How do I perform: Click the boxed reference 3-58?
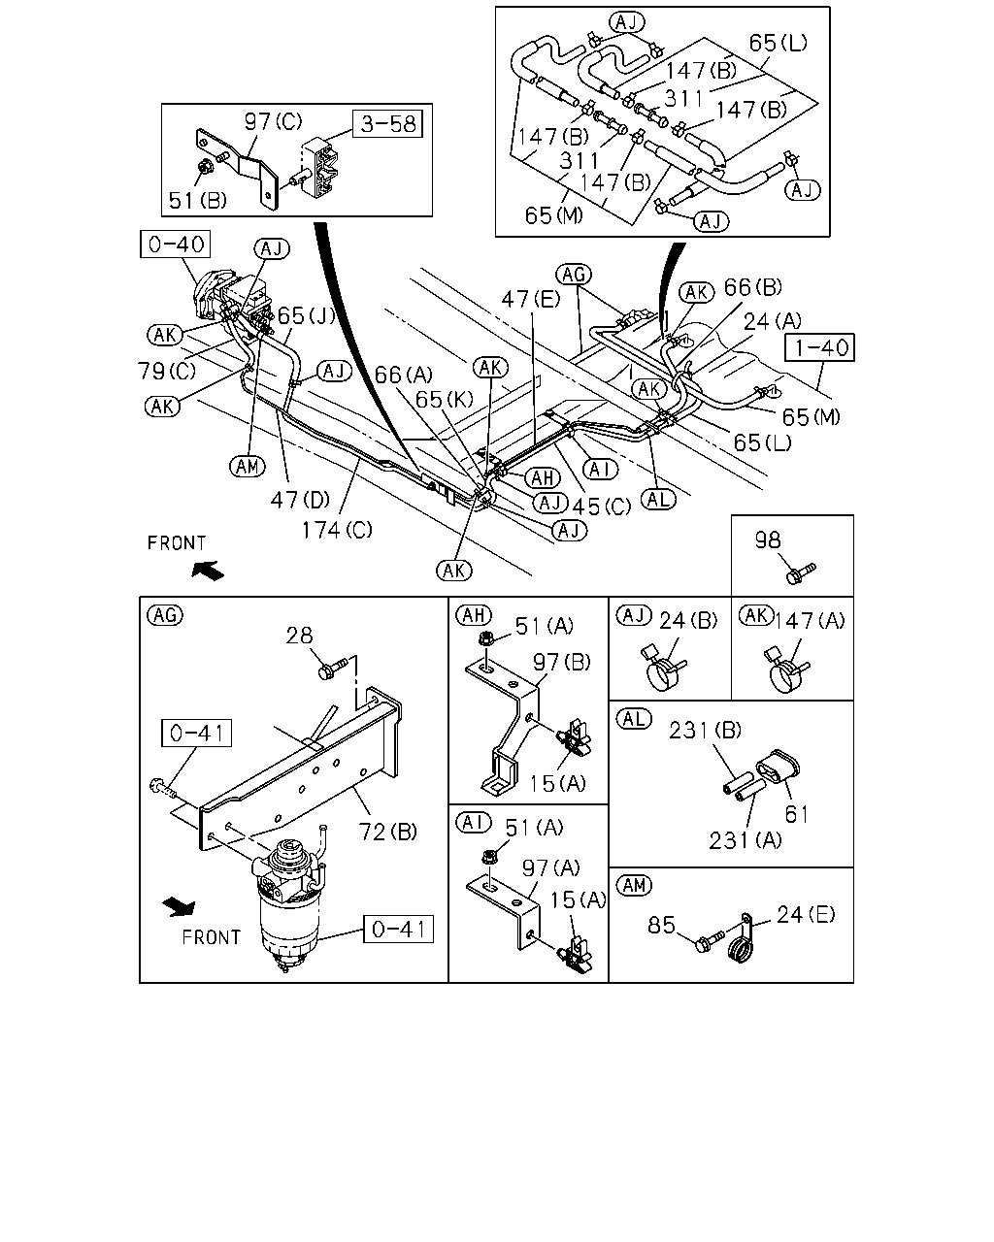point(387,124)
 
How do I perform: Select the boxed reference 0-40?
point(175,245)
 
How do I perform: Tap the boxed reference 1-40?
point(819,347)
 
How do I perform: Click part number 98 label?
point(768,540)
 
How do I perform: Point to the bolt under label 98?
point(801,573)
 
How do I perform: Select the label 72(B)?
point(387,832)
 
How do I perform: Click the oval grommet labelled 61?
point(778,767)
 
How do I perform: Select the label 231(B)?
point(705,731)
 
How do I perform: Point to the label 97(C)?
point(273,121)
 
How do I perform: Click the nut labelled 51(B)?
point(205,167)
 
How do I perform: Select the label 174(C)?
point(337,530)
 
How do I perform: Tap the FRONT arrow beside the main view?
point(208,571)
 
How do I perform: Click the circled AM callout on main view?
point(248,466)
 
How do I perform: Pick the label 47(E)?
point(530,299)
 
